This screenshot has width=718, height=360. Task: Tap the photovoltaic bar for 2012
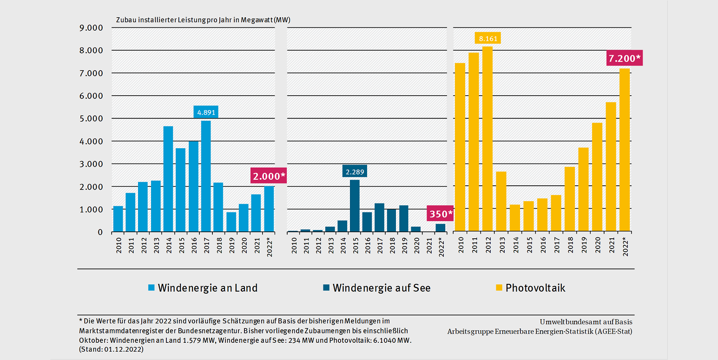487,139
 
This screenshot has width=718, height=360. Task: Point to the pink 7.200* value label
624,59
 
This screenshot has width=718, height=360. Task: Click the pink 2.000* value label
269,176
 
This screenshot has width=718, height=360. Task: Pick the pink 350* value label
440,214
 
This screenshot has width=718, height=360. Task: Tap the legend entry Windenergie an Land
202,288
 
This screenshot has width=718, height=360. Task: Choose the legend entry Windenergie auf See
377,288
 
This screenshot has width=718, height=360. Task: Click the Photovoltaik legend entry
530,288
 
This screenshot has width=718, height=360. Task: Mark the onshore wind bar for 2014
168,179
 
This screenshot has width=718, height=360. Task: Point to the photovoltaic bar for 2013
501,202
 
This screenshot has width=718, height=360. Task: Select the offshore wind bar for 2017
379,217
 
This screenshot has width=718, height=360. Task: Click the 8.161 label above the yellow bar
487,38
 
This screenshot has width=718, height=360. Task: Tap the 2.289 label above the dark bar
354,171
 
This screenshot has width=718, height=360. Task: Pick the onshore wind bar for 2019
231,222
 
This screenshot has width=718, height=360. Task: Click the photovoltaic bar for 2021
611,167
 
